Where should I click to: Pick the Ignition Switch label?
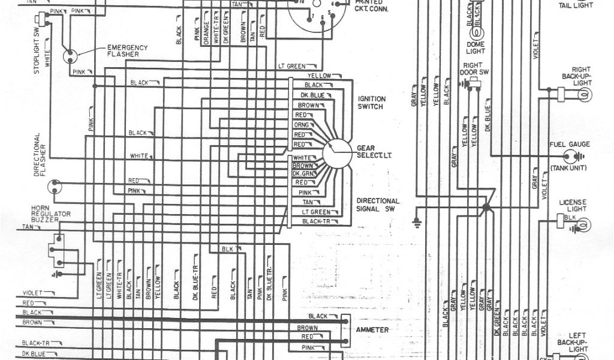372,103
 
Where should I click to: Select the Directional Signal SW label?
378,205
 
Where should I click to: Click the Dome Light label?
475,47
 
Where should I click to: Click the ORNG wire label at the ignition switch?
300,125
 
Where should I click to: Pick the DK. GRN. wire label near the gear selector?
303,173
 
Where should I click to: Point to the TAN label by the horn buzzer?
28,227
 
